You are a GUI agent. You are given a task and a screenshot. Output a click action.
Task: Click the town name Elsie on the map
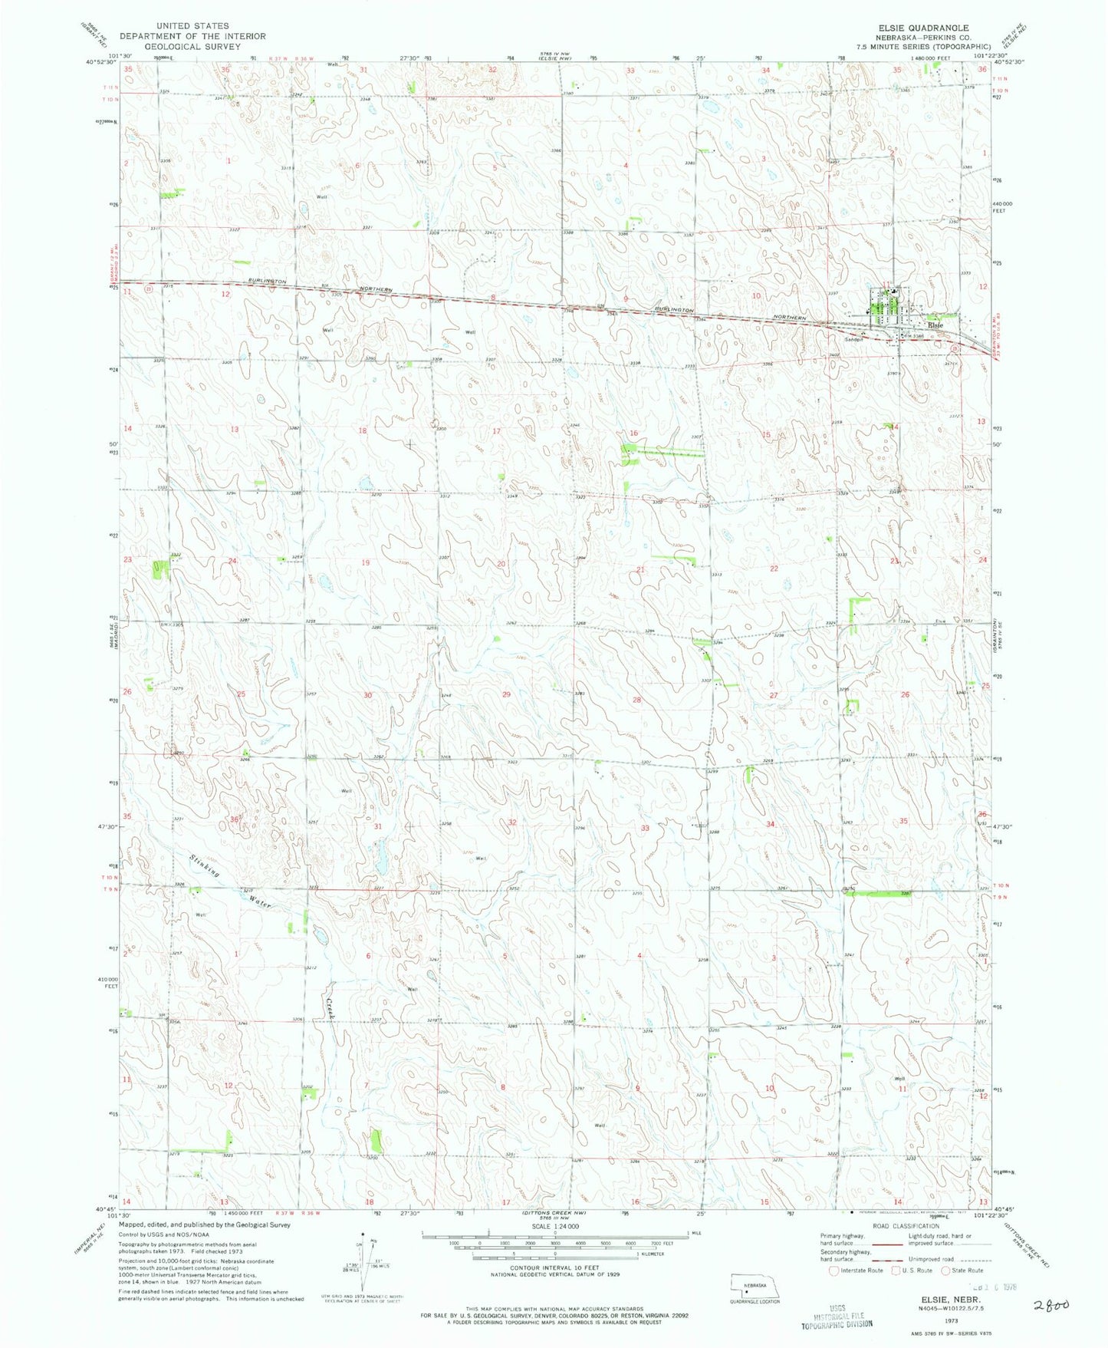click(935, 325)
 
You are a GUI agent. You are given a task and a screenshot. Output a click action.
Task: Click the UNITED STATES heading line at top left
click(192, 26)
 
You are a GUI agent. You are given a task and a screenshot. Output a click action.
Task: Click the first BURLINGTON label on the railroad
click(268, 282)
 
